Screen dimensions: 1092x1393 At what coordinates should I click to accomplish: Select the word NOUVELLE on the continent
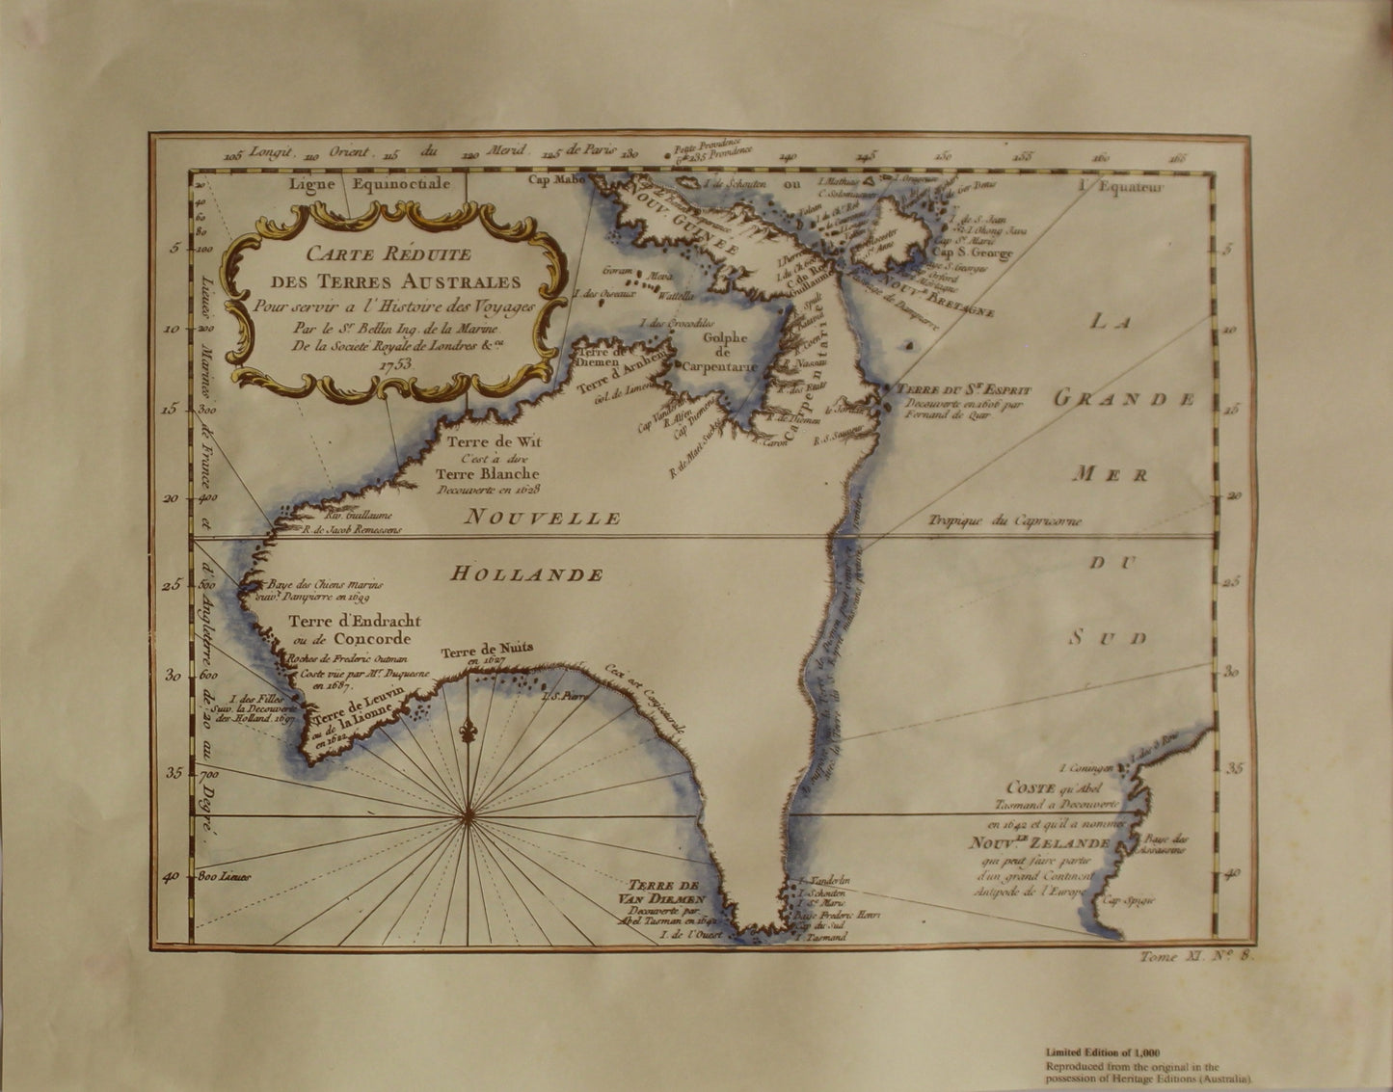(543, 519)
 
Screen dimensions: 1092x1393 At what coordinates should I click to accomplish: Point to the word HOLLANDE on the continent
(527, 574)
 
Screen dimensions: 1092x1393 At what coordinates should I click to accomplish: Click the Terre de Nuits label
(487, 651)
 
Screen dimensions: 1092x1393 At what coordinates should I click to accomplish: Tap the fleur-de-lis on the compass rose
(468, 730)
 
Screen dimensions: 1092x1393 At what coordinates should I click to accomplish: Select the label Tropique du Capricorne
(1005, 521)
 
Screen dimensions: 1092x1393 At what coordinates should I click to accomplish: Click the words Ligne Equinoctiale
(369, 185)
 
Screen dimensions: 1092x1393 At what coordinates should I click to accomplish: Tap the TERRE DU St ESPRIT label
(964, 390)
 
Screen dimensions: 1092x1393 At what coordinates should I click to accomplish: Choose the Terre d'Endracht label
(354, 622)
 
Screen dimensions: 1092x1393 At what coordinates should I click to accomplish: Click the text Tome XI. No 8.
(1194, 956)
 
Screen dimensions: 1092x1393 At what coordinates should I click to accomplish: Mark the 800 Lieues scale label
(224, 877)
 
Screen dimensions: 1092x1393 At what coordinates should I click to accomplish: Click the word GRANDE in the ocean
(1124, 398)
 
